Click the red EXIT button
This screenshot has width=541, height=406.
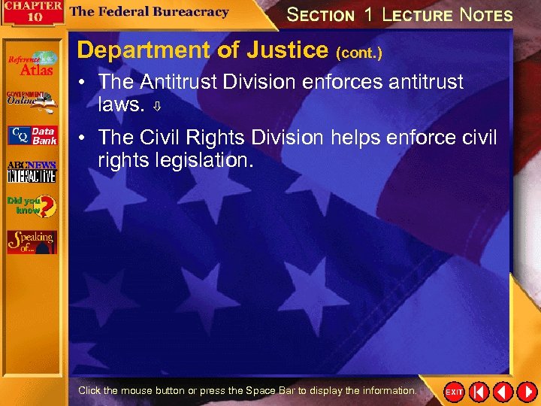pyautogui.click(x=454, y=392)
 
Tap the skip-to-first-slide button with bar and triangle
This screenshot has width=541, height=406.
pyautogui.click(x=479, y=392)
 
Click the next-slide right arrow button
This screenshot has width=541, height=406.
pyautogui.click(x=527, y=392)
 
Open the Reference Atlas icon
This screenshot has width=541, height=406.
pyautogui.click(x=32, y=64)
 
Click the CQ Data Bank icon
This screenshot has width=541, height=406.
pyautogui.click(x=32, y=135)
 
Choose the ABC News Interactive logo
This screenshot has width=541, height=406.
pyautogui.click(x=32, y=171)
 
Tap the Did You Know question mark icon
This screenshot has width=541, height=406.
pyautogui.click(x=32, y=205)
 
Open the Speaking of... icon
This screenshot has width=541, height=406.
pyautogui.click(x=32, y=241)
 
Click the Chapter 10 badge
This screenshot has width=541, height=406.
pyautogui.click(x=31, y=13)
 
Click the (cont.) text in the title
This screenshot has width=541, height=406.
pyautogui.click(x=359, y=53)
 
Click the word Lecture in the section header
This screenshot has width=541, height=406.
pyautogui.click(x=417, y=14)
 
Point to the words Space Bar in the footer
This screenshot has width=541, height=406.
pyautogui.click(x=272, y=391)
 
